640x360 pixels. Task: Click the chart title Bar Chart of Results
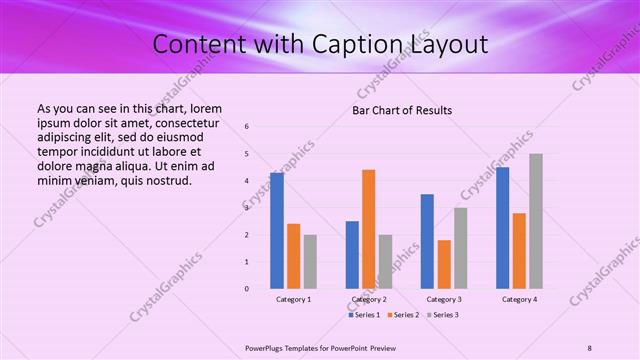[402, 110]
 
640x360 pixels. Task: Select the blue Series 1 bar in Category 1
[277, 231]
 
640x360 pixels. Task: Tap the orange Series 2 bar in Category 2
[369, 229]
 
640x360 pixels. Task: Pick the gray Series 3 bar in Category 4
[536, 221]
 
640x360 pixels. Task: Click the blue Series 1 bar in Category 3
[427, 241]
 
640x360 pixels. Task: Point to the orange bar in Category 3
[444, 264]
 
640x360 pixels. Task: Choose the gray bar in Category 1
[310, 262]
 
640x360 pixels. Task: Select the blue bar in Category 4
[502, 228]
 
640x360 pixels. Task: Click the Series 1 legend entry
[366, 315]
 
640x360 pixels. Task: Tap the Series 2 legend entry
[403, 315]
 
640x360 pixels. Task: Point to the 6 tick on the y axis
[247, 126]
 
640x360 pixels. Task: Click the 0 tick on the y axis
[247, 289]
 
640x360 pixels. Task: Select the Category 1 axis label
[293, 299]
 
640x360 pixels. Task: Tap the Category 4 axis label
[519, 299]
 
